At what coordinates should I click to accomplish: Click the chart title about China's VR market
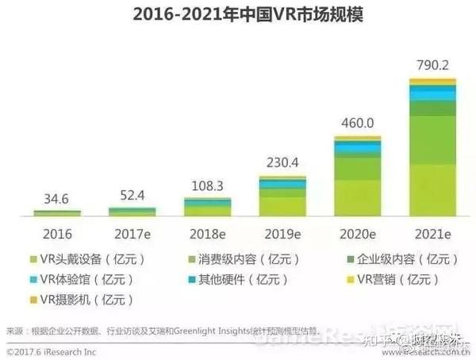238,15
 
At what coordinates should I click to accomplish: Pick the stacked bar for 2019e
282,195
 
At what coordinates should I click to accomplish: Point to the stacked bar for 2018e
207,206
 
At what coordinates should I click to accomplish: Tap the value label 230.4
282,163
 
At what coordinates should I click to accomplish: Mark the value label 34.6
57,198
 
